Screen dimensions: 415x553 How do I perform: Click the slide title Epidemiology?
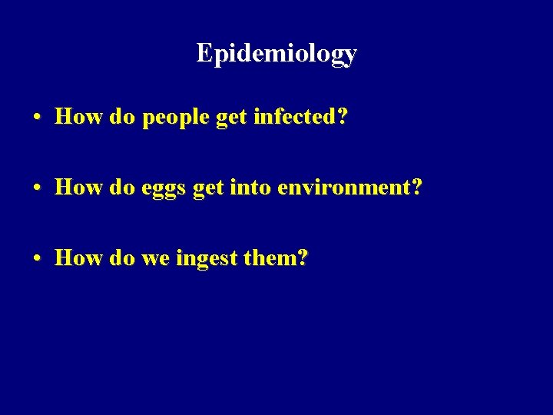(x=276, y=53)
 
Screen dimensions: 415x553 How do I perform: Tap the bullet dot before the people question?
(x=37, y=118)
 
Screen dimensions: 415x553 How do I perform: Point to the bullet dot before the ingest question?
(x=37, y=259)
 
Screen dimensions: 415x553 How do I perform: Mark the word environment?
(x=349, y=187)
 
